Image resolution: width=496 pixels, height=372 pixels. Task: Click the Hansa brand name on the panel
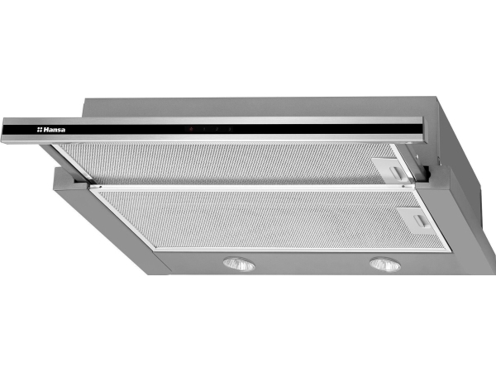54,130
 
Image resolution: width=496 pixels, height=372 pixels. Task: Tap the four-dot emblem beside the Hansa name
40,130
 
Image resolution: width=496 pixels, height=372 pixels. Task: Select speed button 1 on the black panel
204,129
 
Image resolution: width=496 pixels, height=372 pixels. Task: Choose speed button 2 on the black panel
217,129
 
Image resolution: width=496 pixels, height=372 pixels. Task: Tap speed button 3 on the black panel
230,129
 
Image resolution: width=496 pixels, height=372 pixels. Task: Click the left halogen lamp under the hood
239,264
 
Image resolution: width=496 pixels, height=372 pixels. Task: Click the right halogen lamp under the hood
385,264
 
